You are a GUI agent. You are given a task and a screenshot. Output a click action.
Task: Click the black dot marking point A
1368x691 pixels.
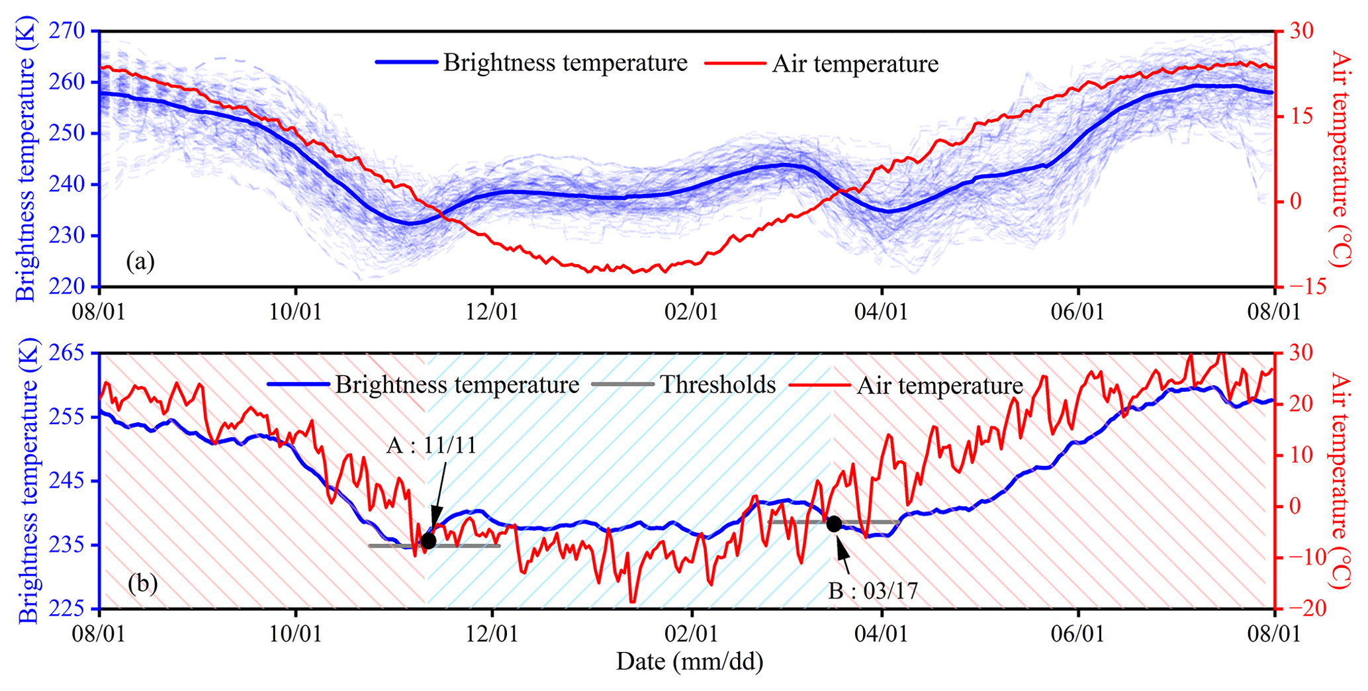(x=428, y=541)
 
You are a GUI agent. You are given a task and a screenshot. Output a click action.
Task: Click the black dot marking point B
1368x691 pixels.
(x=834, y=524)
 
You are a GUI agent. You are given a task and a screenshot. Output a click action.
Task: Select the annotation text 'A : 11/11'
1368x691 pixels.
(x=432, y=445)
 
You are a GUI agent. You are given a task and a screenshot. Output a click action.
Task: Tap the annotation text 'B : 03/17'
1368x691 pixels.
(x=873, y=590)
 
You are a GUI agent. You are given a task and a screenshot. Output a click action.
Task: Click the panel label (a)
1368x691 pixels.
(x=140, y=261)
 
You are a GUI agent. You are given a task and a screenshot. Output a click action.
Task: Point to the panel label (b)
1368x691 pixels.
(x=142, y=583)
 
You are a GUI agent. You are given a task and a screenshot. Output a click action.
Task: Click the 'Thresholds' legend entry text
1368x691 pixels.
(x=717, y=385)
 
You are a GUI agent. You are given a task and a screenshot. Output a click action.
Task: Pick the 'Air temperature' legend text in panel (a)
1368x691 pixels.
(x=855, y=64)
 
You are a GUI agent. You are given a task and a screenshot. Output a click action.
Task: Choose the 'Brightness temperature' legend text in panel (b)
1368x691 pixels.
(x=457, y=385)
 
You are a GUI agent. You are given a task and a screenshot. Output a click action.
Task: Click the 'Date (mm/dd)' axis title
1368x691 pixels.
(x=690, y=661)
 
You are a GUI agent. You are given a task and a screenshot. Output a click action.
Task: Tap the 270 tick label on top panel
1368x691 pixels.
(x=66, y=31)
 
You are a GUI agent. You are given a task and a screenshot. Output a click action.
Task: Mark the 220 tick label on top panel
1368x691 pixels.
(x=66, y=287)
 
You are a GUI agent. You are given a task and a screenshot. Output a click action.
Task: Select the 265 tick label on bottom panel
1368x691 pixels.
(x=66, y=353)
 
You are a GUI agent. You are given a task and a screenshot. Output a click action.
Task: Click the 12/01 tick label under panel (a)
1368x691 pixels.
(x=492, y=311)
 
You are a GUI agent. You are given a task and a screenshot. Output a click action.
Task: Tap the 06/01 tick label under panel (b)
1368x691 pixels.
(x=1077, y=633)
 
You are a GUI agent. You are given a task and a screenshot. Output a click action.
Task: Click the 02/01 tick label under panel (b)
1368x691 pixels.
(x=690, y=633)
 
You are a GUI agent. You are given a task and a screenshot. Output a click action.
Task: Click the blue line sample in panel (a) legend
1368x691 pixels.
(x=406, y=62)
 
